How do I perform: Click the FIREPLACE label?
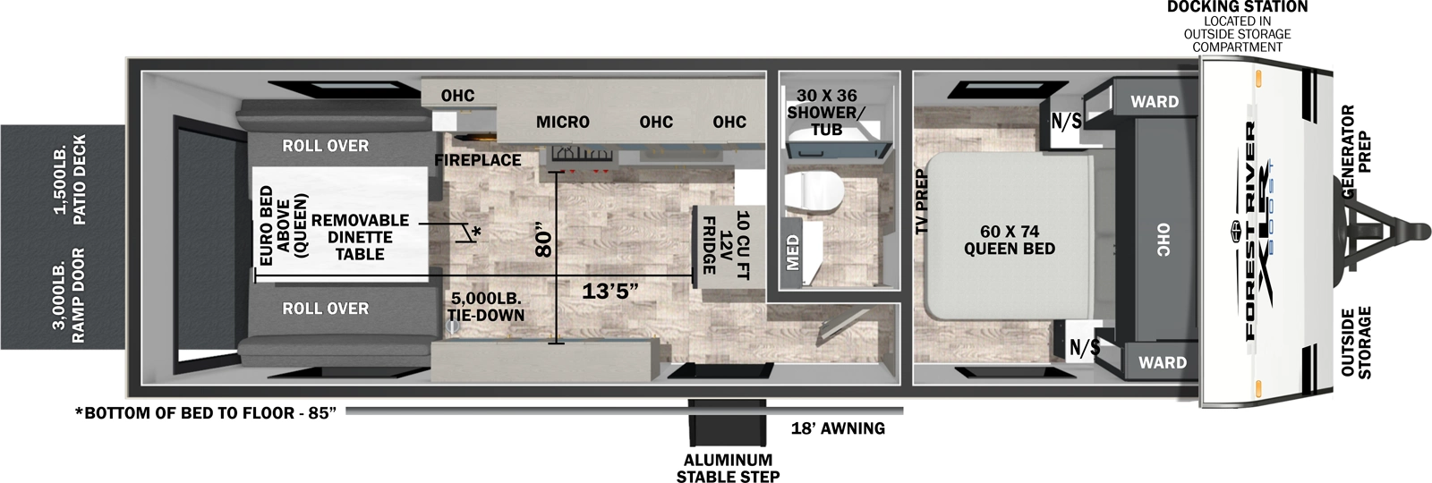(x=478, y=160)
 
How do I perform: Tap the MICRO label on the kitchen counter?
(x=562, y=122)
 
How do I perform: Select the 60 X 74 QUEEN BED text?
(x=1009, y=240)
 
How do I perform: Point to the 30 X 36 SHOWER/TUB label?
(x=826, y=112)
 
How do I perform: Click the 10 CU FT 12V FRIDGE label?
(x=725, y=243)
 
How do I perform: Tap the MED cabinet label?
(x=792, y=252)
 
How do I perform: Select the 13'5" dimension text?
(x=609, y=292)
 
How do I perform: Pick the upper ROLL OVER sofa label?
(x=325, y=146)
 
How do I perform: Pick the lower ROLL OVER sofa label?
(x=325, y=309)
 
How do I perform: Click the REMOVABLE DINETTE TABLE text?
(x=360, y=237)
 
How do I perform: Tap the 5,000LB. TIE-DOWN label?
(x=485, y=306)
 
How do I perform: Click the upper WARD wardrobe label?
(x=1154, y=102)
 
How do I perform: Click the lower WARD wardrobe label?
(x=1162, y=362)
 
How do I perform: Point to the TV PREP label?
(x=921, y=202)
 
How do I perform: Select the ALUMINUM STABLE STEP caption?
(x=728, y=468)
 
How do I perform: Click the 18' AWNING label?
(x=838, y=428)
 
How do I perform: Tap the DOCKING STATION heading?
(x=1237, y=7)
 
